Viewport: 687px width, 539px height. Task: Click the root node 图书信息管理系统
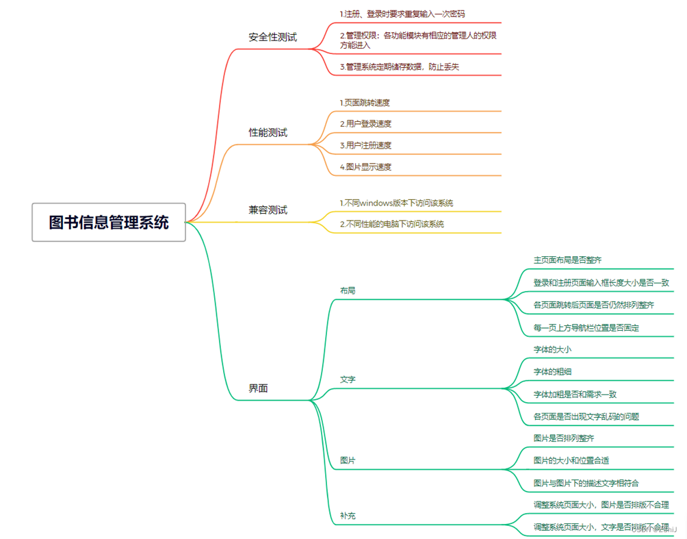tap(109, 222)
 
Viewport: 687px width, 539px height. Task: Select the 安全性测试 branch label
tap(272, 37)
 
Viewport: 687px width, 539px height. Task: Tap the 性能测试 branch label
tap(268, 132)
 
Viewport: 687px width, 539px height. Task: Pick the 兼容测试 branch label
tap(268, 210)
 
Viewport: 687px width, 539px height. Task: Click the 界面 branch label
tap(258, 388)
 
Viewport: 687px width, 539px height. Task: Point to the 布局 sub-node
tap(348, 290)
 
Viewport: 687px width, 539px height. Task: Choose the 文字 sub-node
tap(348, 379)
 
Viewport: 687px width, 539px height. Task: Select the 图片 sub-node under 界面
tap(348, 460)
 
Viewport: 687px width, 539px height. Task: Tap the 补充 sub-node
tap(348, 515)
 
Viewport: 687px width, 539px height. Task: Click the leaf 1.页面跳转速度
tap(365, 103)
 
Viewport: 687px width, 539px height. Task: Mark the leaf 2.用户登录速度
tap(365, 124)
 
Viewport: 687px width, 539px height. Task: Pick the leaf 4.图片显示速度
tap(365, 166)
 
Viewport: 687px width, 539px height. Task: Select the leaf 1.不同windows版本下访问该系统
tap(396, 203)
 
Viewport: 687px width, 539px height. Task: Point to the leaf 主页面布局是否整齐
tap(567, 260)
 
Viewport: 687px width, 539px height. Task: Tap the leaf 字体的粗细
tap(552, 371)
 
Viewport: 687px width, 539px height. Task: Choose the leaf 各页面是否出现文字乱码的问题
tap(586, 416)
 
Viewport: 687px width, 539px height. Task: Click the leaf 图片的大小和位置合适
tap(571, 460)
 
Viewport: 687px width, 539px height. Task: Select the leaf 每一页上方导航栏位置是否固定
tap(586, 327)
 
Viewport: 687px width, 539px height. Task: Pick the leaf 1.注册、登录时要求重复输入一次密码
tap(402, 14)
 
